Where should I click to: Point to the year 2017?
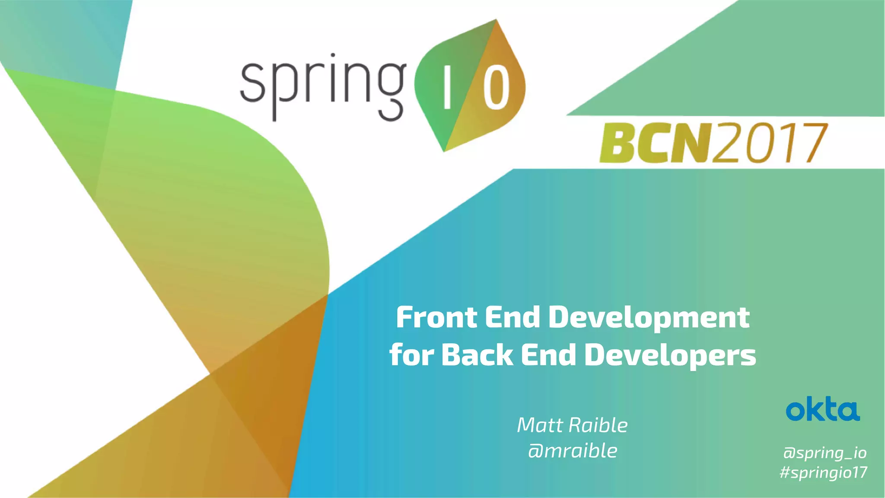point(770,143)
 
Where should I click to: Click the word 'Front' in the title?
point(436,318)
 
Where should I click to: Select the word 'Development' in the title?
point(649,318)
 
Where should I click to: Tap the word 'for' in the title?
point(411,355)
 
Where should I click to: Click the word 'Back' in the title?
point(477,355)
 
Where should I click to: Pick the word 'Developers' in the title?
point(670,355)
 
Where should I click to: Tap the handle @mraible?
point(573,451)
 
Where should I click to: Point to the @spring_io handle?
point(825,453)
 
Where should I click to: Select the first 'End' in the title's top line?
point(513,318)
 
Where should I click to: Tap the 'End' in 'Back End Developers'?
point(548,355)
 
